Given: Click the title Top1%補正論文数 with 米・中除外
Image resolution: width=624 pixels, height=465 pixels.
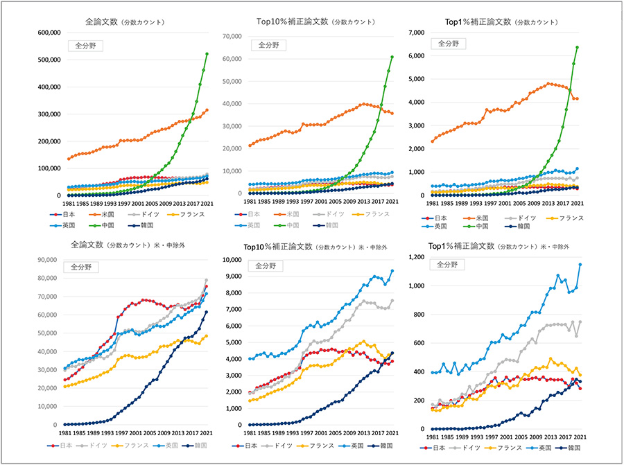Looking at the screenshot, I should (x=499, y=245).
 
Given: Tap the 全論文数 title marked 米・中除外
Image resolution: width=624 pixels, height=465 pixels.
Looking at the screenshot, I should (x=125, y=245).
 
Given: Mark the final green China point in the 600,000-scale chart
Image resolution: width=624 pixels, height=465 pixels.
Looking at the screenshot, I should (x=207, y=54).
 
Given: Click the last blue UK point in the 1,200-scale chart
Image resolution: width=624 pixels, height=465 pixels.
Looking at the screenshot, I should (x=580, y=265).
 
